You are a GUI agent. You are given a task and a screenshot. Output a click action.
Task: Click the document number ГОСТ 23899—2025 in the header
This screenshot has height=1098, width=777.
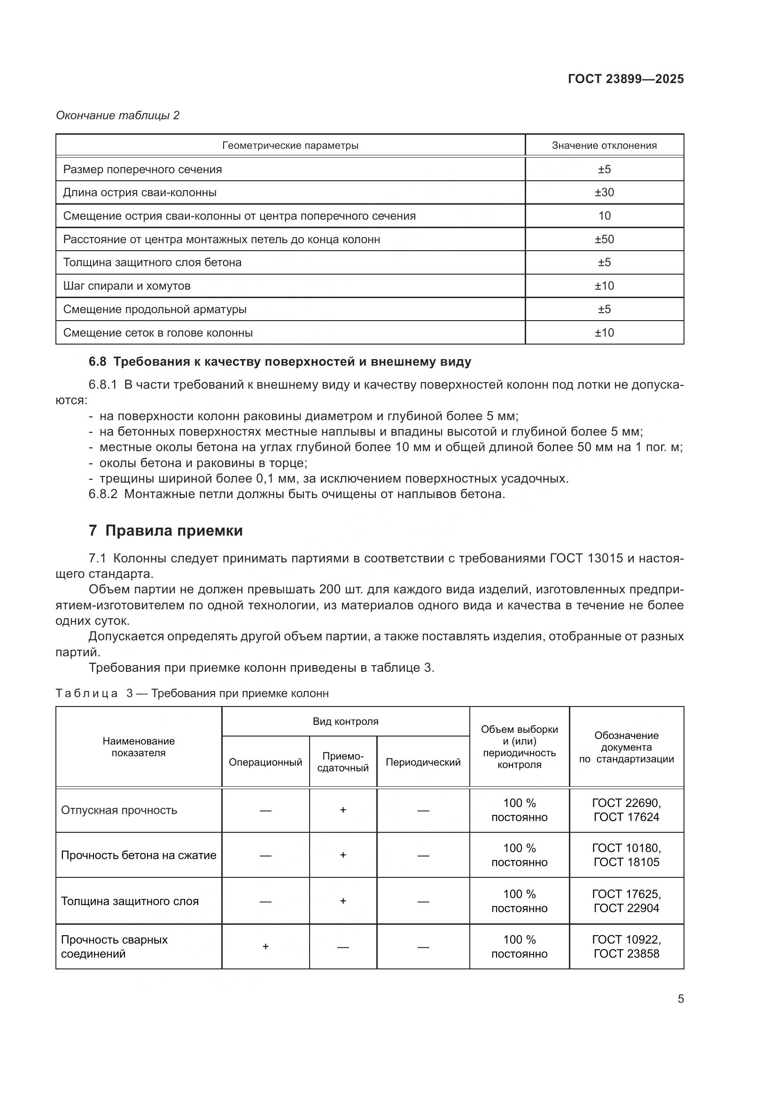(x=625, y=79)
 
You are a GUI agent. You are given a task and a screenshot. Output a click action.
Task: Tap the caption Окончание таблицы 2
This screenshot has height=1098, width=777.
(x=117, y=115)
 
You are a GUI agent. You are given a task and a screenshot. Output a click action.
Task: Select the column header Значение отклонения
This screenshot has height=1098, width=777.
(x=604, y=146)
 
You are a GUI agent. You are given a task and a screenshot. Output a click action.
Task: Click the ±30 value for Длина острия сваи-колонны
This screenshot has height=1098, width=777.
(x=604, y=192)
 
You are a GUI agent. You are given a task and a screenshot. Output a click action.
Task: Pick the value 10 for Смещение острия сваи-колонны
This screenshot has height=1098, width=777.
(x=604, y=215)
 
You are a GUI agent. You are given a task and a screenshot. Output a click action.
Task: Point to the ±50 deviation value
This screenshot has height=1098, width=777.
(x=604, y=239)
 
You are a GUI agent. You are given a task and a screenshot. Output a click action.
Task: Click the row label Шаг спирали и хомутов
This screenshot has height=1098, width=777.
(x=127, y=286)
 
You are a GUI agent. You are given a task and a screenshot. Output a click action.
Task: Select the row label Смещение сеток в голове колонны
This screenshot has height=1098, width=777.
(x=158, y=333)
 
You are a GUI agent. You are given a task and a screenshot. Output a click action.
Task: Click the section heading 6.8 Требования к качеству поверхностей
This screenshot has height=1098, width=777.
(x=280, y=361)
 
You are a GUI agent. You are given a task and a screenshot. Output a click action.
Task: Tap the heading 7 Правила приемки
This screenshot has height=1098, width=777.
(x=165, y=530)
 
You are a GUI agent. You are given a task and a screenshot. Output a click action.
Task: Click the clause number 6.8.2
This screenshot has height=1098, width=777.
(x=103, y=494)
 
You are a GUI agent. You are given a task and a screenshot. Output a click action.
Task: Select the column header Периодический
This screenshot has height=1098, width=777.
(x=423, y=762)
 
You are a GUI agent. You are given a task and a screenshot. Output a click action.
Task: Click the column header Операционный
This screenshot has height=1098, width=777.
(x=265, y=762)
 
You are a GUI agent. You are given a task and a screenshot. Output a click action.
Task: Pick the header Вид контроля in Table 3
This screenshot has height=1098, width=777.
(x=345, y=721)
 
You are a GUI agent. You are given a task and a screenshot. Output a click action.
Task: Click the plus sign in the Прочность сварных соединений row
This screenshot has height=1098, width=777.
(x=265, y=946)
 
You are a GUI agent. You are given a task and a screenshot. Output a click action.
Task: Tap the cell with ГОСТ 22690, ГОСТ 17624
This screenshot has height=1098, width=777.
(x=626, y=810)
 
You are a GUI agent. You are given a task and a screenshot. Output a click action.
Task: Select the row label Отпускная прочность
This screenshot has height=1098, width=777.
(x=119, y=810)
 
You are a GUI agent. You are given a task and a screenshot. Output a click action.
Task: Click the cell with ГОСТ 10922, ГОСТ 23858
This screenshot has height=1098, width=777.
(x=626, y=946)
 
